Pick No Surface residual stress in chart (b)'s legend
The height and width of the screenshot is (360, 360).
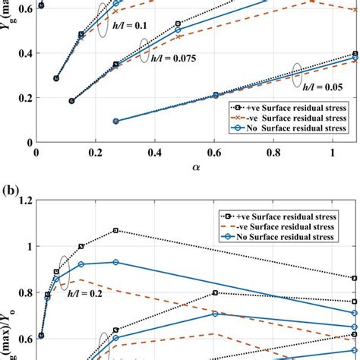click(292, 238)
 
